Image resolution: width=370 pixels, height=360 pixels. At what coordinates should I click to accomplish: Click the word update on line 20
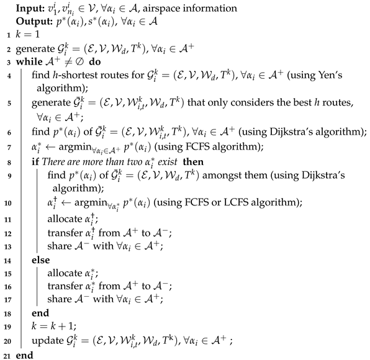click(x=50, y=341)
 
